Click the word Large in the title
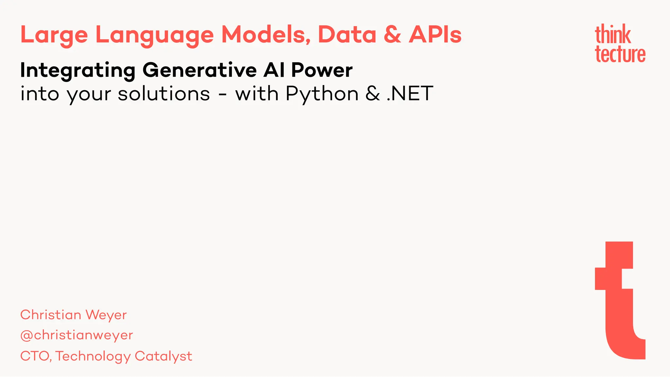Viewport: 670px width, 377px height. tap(54, 35)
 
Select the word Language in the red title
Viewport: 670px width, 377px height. tap(154, 35)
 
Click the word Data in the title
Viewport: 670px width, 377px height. tap(347, 35)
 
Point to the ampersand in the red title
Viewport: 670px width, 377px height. tap(392, 35)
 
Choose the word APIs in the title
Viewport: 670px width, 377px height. tap(435, 35)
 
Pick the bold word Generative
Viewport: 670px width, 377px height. tap(200, 70)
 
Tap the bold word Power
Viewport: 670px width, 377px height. tap(322, 70)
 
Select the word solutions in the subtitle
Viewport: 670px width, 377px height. tap(164, 94)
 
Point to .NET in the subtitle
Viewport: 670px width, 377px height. tap(410, 94)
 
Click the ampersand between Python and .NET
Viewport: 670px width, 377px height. tap(373, 94)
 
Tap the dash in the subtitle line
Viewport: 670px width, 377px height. tap(222, 95)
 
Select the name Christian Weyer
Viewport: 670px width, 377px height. tap(73, 315)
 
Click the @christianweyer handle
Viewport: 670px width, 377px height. tap(77, 335)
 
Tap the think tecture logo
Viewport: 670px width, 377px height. tap(620, 43)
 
